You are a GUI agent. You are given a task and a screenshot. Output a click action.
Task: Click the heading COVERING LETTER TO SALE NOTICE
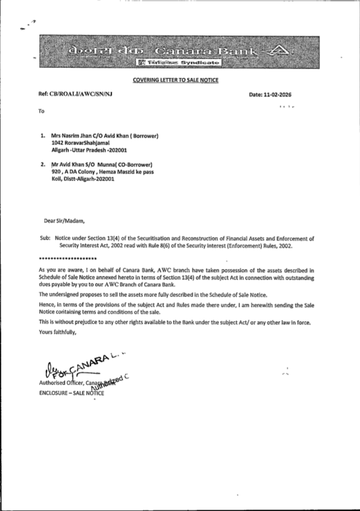[175, 80]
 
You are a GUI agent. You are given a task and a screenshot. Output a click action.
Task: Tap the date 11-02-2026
[276, 95]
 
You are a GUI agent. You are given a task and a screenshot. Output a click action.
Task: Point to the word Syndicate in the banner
[199, 63]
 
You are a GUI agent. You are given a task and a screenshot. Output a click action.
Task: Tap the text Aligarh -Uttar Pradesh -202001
[89, 150]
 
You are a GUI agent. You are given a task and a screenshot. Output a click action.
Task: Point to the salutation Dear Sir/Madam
[64, 221]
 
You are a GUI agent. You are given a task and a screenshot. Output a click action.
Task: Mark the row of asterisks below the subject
[67, 259]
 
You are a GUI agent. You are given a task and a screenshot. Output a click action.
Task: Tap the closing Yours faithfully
[58, 332]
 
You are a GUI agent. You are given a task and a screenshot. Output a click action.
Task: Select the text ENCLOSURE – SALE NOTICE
[71, 393]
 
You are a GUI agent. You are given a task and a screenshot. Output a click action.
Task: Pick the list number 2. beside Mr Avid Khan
[43, 165]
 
